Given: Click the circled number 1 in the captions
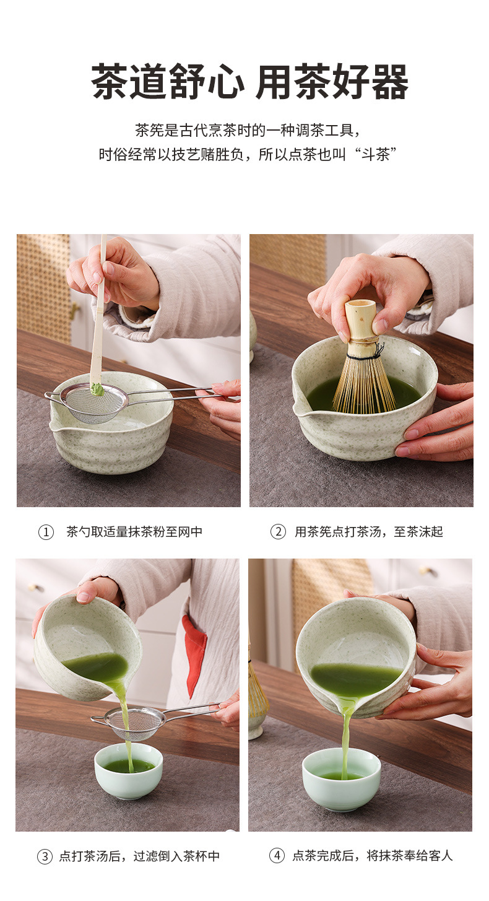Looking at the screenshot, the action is [x=46, y=532].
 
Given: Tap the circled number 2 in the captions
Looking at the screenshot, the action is [x=278, y=532].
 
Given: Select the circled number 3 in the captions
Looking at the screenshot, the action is [x=45, y=856].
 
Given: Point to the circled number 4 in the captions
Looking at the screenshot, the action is [x=277, y=855].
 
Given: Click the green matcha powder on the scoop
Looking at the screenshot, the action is [x=97, y=389].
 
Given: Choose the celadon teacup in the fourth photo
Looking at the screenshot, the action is [x=342, y=778].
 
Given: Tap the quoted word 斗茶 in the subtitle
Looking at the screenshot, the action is [x=375, y=154].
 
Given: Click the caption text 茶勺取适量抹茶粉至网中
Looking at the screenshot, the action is [x=134, y=532].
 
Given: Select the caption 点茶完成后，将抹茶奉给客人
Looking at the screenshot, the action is [x=373, y=855].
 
